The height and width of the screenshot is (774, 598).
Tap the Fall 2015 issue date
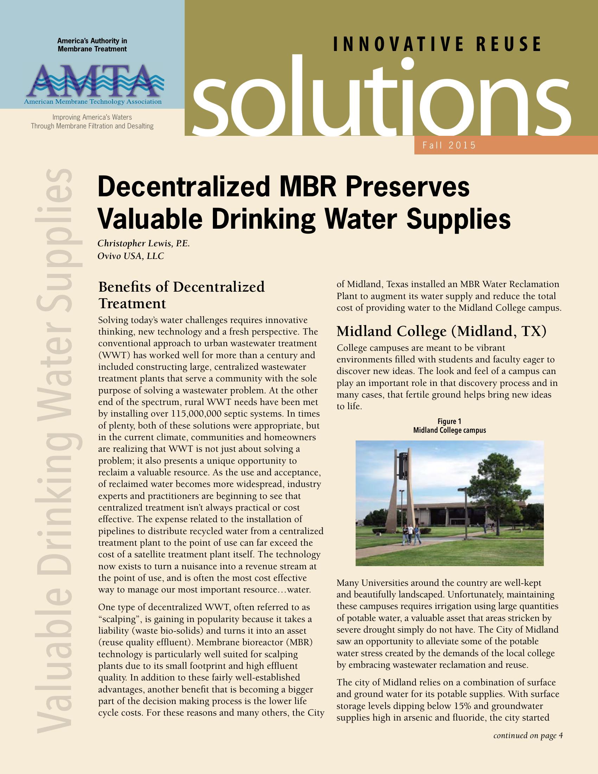pos(449,145)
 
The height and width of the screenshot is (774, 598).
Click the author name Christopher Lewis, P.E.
pos(144,243)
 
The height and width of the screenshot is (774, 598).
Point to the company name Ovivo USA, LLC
pos(131,256)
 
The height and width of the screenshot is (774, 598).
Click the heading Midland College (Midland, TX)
pos(441,331)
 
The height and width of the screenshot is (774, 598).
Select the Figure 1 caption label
pos(449,421)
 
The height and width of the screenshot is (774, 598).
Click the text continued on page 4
pos(528,736)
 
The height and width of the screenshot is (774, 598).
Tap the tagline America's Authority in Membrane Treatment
pos(92,45)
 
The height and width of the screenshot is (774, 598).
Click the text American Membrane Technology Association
pos(93,102)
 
